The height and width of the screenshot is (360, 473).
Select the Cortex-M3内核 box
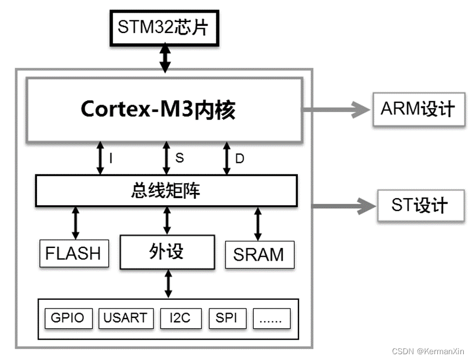click(x=165, y=109)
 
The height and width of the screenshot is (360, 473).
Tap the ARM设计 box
click(x=418, y=108)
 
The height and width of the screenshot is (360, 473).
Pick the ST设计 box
click(x=420, y=205)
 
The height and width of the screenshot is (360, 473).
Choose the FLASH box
click(x=73, y=253)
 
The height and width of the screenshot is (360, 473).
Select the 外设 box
click(x=167, y=251)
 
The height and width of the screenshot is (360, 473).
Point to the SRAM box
click(x=258, y=254)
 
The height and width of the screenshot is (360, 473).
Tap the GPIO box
click(x=68, y=318)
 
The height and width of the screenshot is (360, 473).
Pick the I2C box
click(x=177, y=318)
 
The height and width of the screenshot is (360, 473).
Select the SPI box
click(x=226, y=318)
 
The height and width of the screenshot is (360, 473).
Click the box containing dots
click(x=272, y=318)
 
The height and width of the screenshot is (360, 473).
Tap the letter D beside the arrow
click(x=239, y=158)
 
